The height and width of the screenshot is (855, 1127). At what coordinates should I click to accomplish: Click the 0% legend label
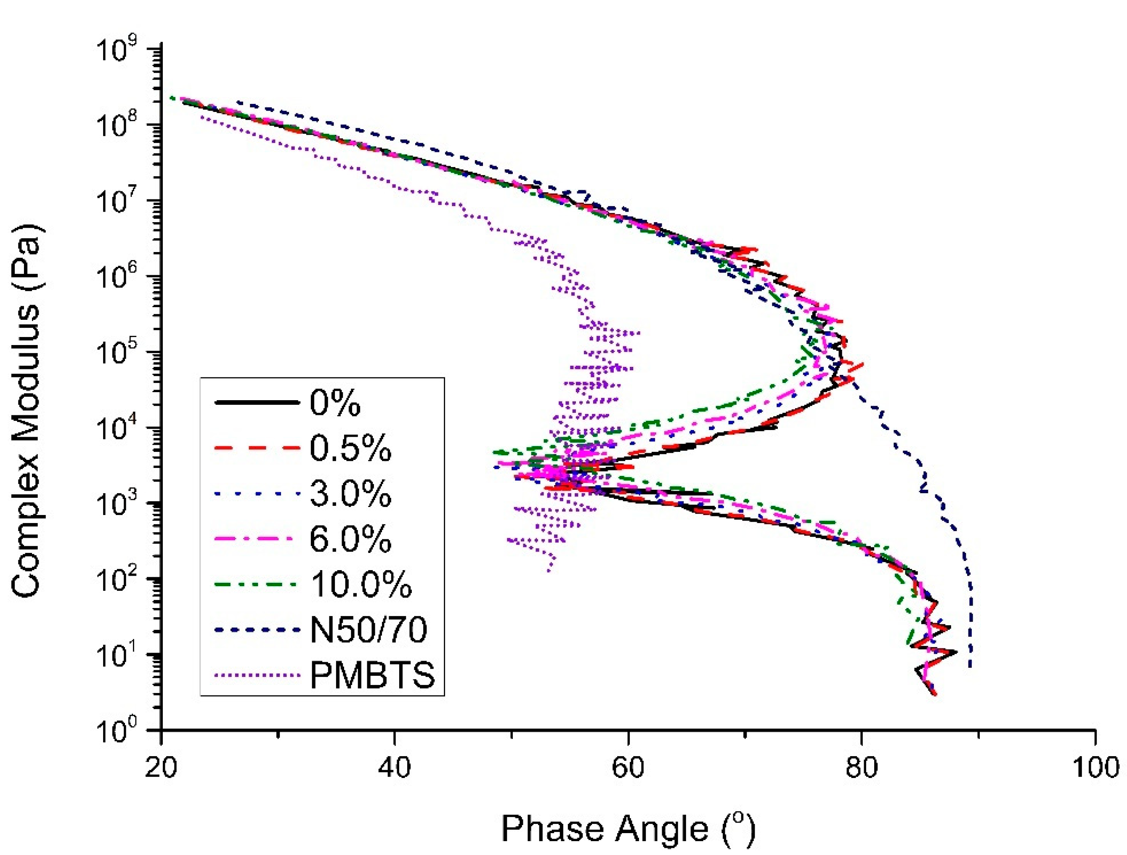[x=335, y=404]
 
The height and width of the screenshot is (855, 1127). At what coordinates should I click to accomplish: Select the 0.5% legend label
[x=350, y=449]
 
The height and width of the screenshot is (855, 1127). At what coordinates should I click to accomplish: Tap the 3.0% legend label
[x=350, y=494]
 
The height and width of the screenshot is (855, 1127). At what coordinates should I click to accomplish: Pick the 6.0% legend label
[x=350, y=539]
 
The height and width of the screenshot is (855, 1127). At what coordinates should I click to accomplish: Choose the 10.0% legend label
[x=361, y=584]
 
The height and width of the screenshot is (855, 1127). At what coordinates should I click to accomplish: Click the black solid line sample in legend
[x=257, y=403]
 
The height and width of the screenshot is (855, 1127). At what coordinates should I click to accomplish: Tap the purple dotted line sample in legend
[x=257, y=676]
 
